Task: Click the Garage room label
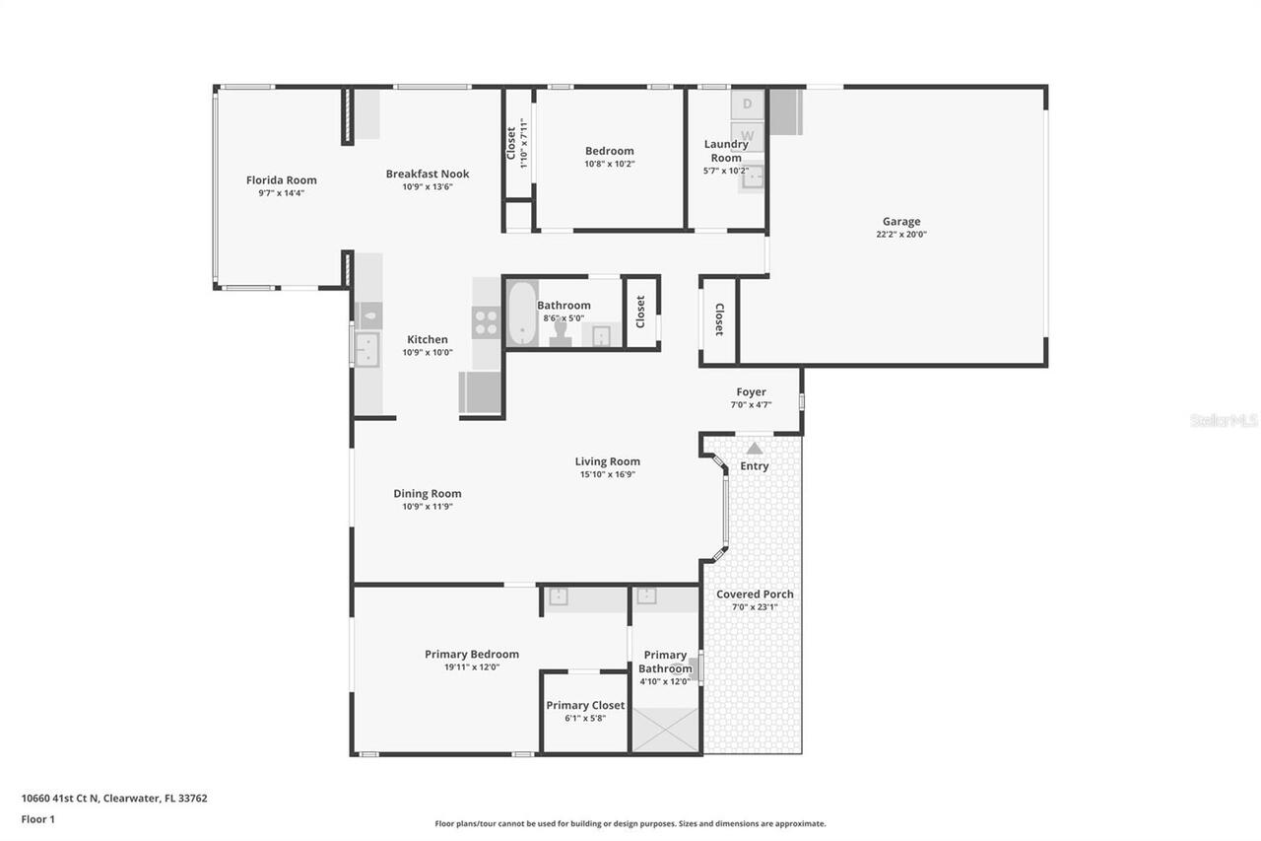click(900, 222)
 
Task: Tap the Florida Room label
click(281, 180)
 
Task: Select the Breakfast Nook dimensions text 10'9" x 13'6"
click(427, 187)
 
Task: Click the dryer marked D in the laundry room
click(747, 104)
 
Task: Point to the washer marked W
click(747, 135)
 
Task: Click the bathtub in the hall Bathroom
click(521, 314)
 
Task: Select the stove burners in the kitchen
click(487, 322)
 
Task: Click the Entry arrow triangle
click(754, 449)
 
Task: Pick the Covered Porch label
click(755, 595)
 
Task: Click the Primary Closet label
click(585, 705)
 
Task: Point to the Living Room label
click(607, 461)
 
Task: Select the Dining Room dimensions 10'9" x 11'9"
click(427, 507)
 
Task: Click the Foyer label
click(751, 392)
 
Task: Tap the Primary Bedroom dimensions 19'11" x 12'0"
click(471, 667)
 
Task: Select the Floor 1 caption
click(37, 818)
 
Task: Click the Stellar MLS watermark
click(1224, 421)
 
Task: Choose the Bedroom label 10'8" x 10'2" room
click(609, 151)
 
